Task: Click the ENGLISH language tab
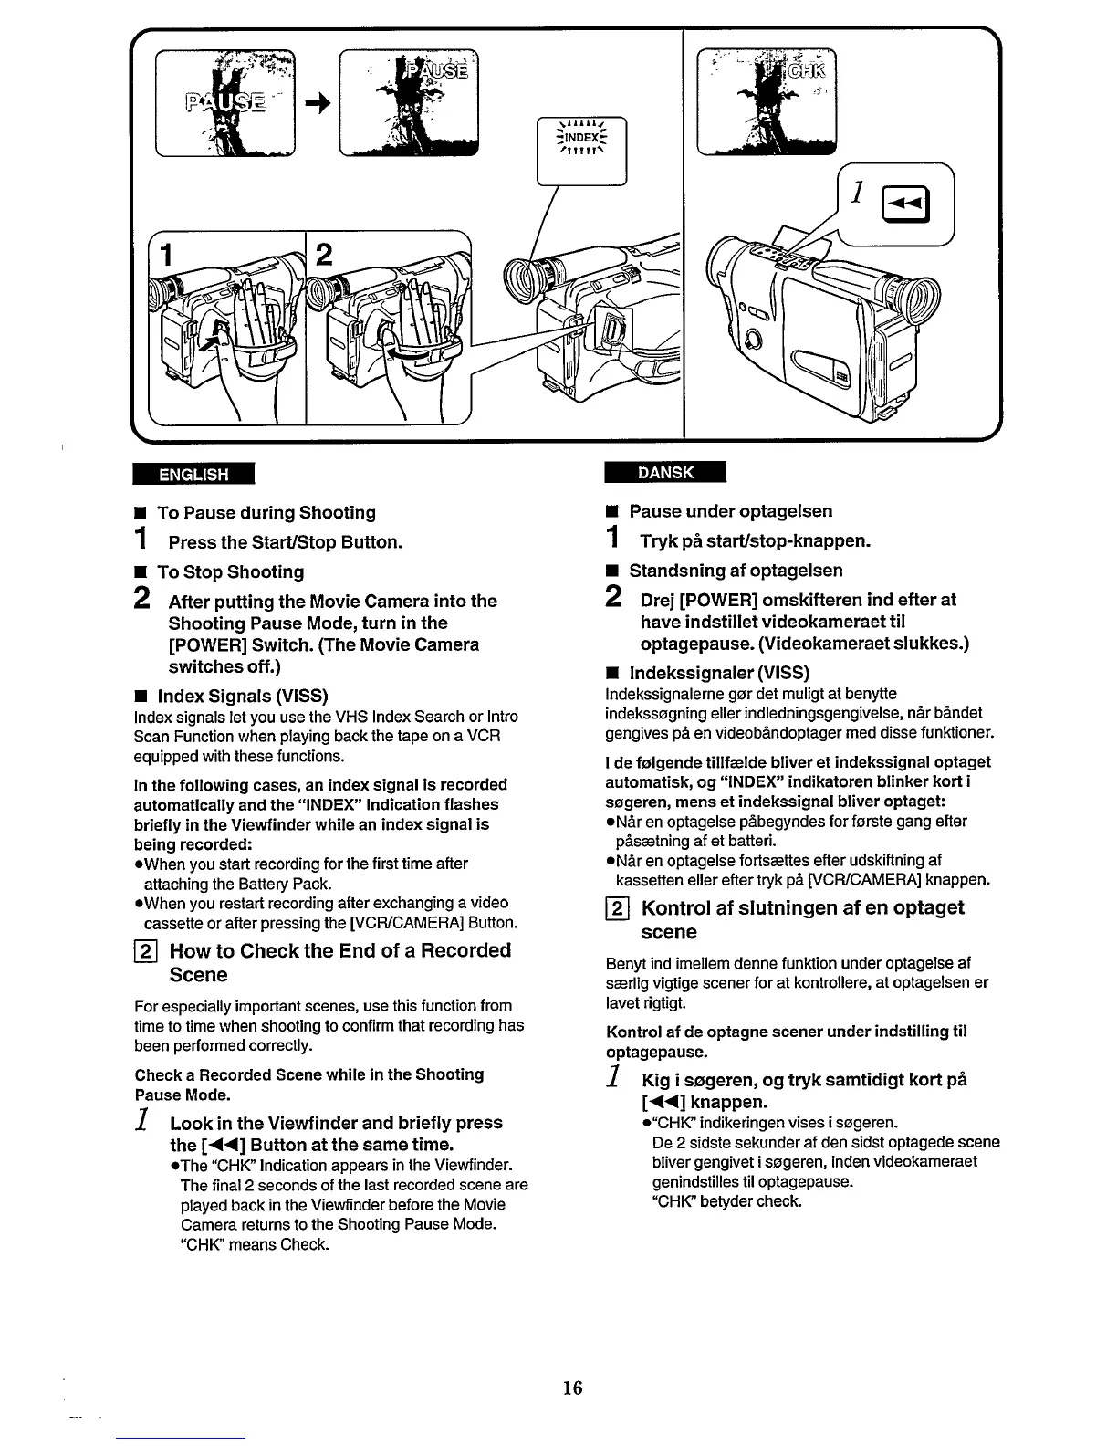click(x=193, y=474)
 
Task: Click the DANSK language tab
click(x=664, y=472)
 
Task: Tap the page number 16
click(x=572, y=1388)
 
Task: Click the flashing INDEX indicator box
click(x=582, y=139)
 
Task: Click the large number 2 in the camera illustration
click(x=324, y=255)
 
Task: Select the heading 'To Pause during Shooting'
click(x=266, y=513)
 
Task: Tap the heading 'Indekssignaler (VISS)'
click(x=718, y=673)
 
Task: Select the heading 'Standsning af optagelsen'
click(x=736, y=571)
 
